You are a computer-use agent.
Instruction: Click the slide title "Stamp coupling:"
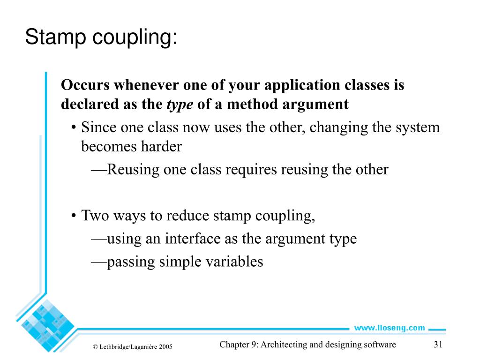pyautogui.click(x=101, y=37)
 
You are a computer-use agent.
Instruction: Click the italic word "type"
pyautogui.click(x=180, y=104)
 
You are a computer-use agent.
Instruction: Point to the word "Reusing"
pyautogui.click(x=134, y=169)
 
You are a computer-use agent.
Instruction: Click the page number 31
pyautogui.click(x=438, y=345)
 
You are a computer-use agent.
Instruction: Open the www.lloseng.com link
pyautogui.click(x=389, y=328)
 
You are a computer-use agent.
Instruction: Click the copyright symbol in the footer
pyautogui.click(x=95, y=347)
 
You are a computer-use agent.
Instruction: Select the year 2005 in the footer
pyautogui.click(x=166, y=347)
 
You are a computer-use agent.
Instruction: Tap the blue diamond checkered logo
pyautogui.click(x=45, y=323)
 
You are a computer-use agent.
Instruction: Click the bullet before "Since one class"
pyautogui.click(x=75, y=128)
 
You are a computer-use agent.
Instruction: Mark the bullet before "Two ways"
pyautogui.click(x=75, y=216)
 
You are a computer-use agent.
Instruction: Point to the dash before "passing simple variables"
pyautogui.click(x=98, y=262)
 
